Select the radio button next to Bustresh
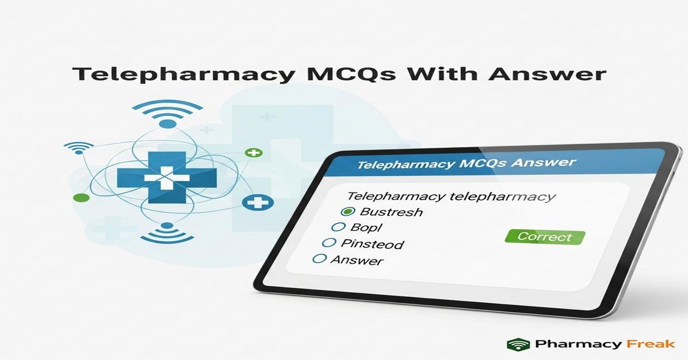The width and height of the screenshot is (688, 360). pyautogui.click(x=346, y=212)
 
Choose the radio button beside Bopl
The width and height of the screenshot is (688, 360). pyautogui.click(x=338, y=228)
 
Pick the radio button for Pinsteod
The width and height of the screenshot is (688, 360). pyautogui.click(x=329, y=243)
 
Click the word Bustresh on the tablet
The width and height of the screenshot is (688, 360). pyautogui.click(x=388, y=212)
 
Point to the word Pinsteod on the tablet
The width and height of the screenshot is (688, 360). pyautogui.click(x=372, y=244)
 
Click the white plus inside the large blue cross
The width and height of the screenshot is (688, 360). pyautogui.click(x=166, y=178)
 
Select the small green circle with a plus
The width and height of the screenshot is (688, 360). pyautogui.click(x=253, y=153)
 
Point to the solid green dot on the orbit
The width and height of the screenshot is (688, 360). pyautogui.click(x=81, y=198)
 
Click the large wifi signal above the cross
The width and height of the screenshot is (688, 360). pyautogui.click(x=167, y=112)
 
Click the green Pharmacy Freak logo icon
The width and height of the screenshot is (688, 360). pyautogui.click(x=518, y=344)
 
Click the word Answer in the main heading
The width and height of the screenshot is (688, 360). pyautogui.click(x=549, y=75)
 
